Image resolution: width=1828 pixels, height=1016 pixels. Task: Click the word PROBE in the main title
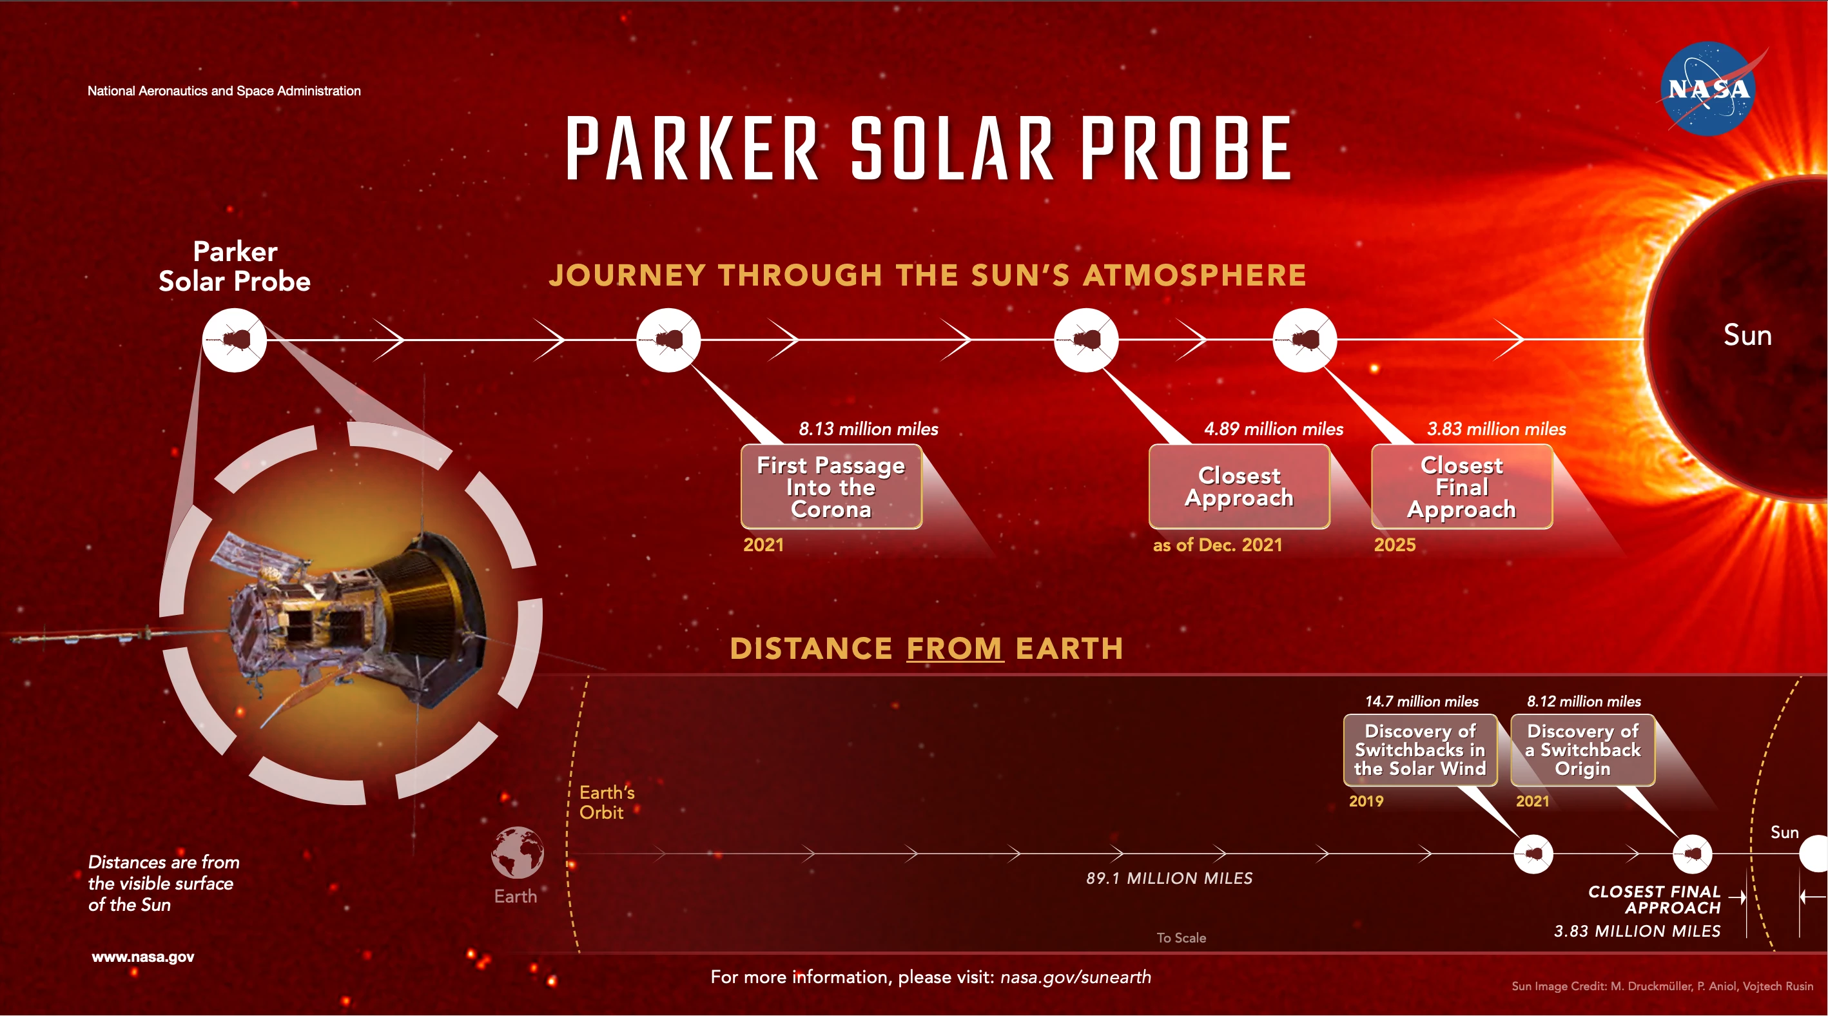pos(1185,149)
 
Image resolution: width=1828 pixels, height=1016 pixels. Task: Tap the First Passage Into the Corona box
pos(831,487)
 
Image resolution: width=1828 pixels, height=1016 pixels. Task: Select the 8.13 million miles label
pos(868,429)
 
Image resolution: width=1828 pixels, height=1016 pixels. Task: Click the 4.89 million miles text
pos(1273,429)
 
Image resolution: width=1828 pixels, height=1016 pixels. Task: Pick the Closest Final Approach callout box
pos(1462,487)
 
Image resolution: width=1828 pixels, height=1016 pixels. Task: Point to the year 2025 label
pos(1394,545)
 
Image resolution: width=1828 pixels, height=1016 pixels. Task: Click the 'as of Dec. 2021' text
pos(1217,545)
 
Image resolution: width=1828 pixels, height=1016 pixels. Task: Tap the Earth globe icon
pos(518,852)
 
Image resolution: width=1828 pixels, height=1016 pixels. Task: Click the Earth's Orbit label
pos(606,802)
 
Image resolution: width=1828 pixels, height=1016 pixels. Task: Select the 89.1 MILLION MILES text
pos(1169,877)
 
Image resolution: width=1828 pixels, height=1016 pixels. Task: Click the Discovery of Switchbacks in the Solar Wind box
pos(1420,750)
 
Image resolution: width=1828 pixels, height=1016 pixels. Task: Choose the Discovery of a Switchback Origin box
pos(1582,750)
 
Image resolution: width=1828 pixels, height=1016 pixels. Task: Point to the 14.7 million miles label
pos(1421,701)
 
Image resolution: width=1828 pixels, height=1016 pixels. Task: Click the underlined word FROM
pos(955,649)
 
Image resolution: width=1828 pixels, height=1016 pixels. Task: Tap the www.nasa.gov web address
pos(142,957)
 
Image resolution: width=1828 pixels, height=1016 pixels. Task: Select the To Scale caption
pos(1181,937)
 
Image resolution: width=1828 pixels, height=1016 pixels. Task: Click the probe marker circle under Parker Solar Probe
pos(234,340)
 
